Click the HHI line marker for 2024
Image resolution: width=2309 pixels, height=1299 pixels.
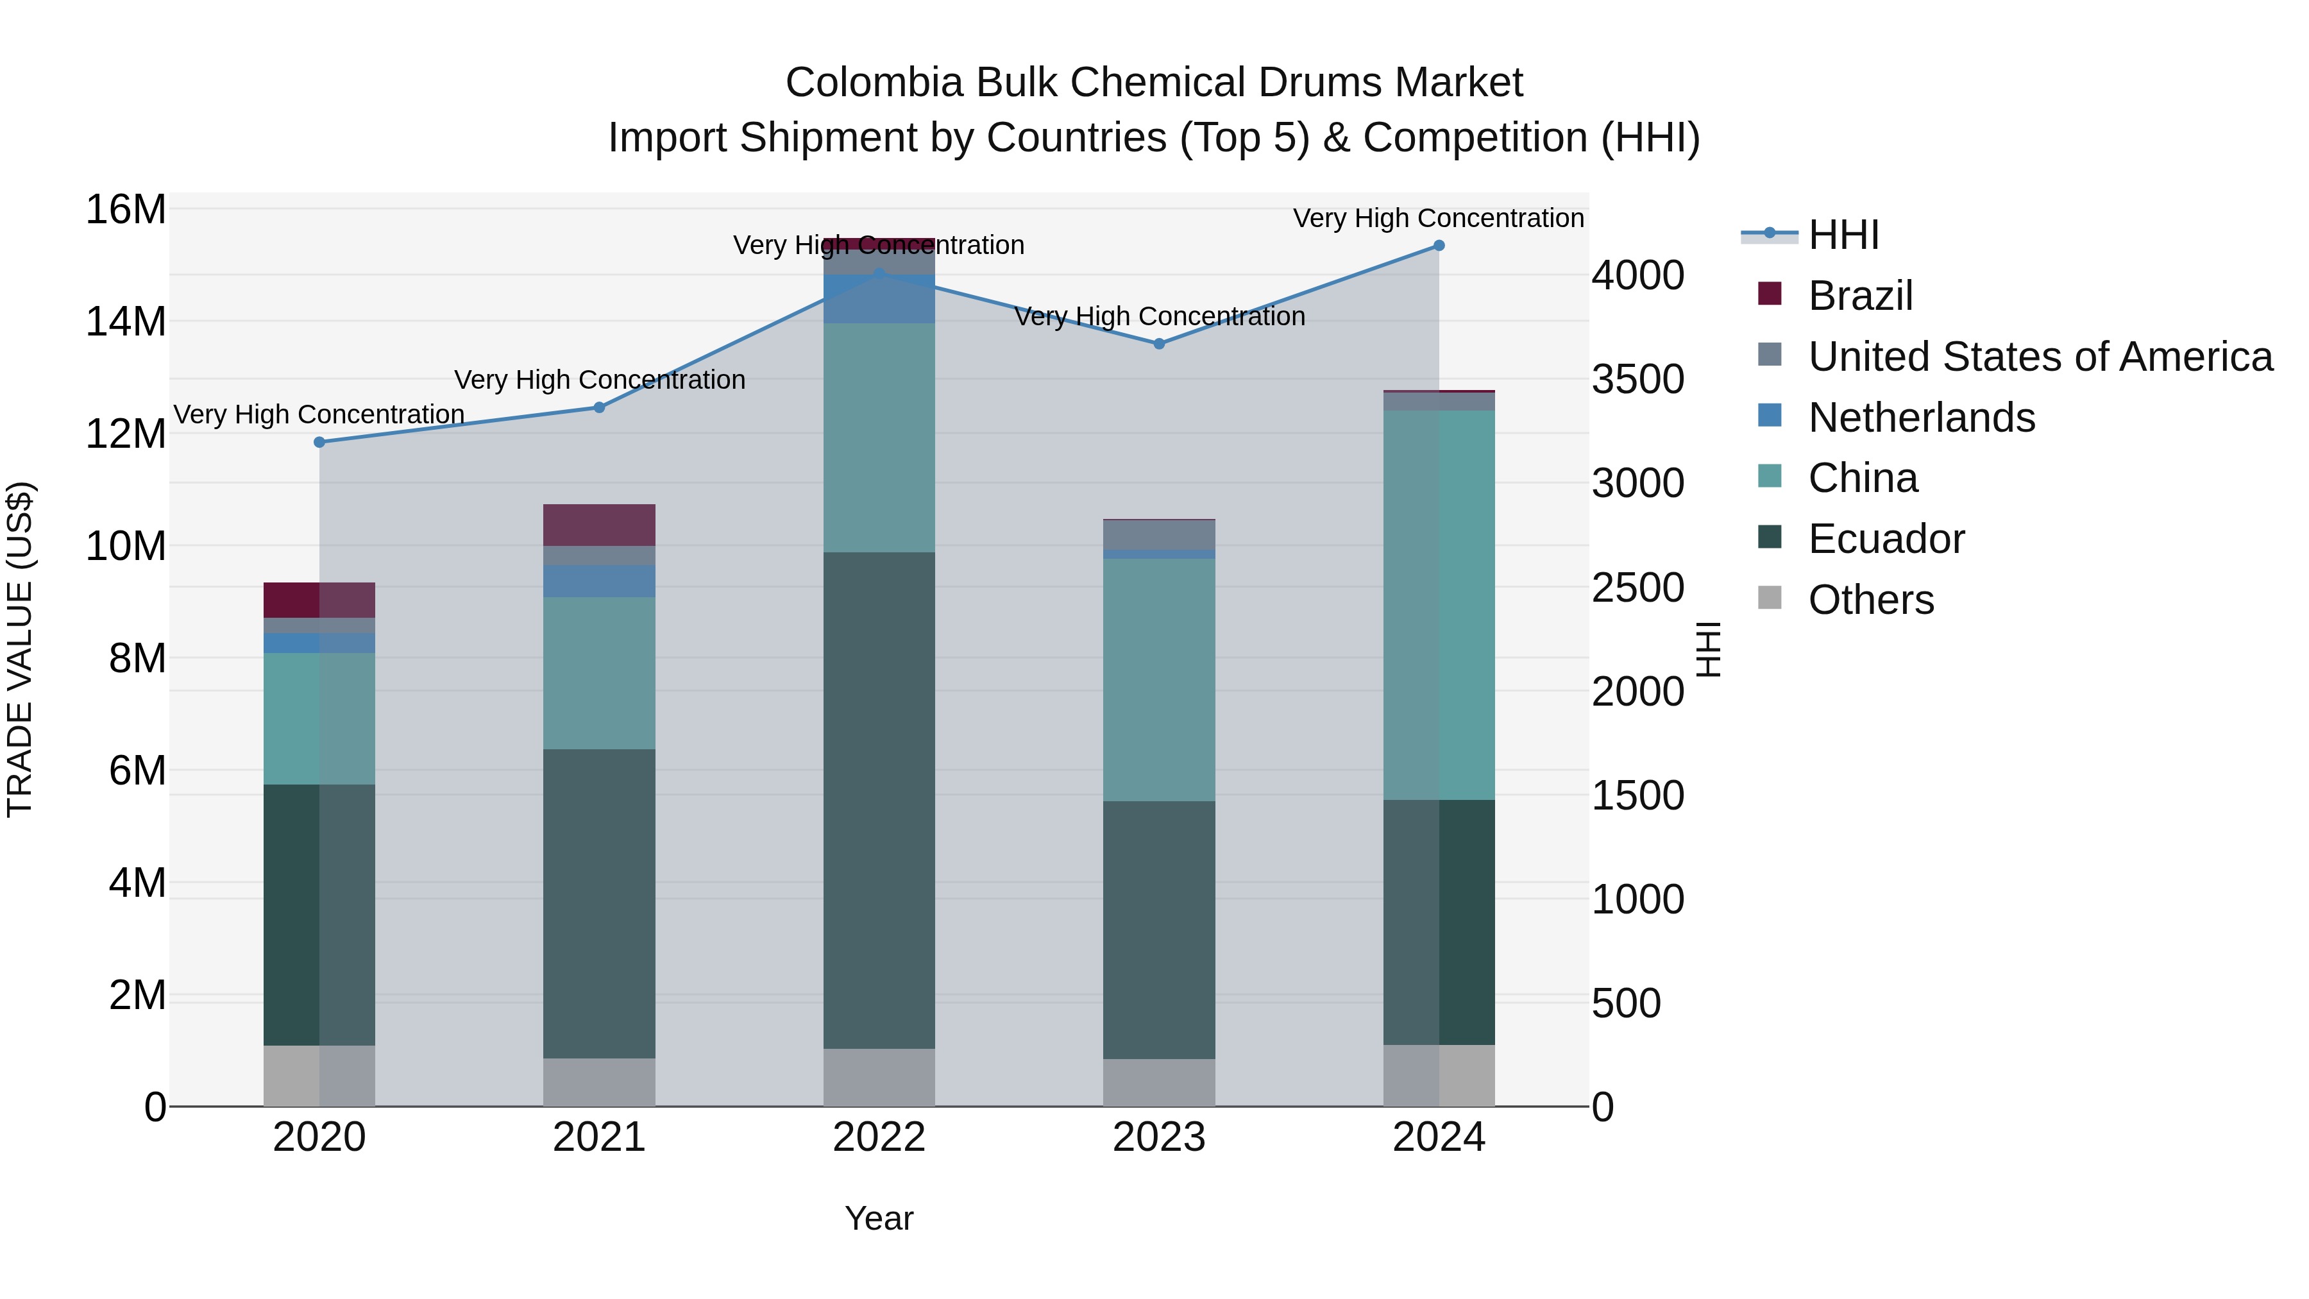coord(1439,246)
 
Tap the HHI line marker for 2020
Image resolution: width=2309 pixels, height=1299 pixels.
coord(319,442)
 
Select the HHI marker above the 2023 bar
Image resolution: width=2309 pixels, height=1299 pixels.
coord(1159,343)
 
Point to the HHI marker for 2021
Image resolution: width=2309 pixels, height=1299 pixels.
coord(600,408)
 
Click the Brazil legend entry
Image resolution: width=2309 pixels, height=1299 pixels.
coord(1860,296)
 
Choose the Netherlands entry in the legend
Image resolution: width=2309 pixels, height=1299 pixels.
coord(1921,418)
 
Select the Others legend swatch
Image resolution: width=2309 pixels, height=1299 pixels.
coord(1770,598)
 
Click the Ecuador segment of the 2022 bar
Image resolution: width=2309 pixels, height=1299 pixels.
coord(879,800)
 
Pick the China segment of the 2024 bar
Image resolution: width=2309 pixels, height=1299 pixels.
coord(1439,605)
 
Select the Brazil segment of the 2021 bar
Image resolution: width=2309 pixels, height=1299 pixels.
coord(600,525)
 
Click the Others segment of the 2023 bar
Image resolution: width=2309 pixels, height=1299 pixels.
coord(1159,1082)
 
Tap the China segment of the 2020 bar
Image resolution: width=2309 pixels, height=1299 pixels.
coord(319,719)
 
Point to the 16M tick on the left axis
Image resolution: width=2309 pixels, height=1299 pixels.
coord(126,210)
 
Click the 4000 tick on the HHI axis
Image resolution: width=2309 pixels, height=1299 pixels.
coord(1637,275)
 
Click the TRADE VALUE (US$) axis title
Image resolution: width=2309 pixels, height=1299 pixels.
coord(21,649)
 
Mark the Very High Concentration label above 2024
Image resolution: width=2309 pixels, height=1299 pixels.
coord(1438,219)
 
